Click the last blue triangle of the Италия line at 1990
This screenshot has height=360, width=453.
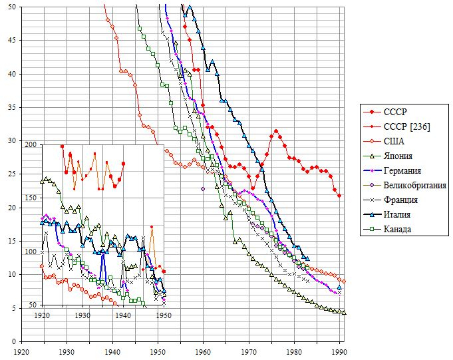pyautogui.click(x=339, y=287)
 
